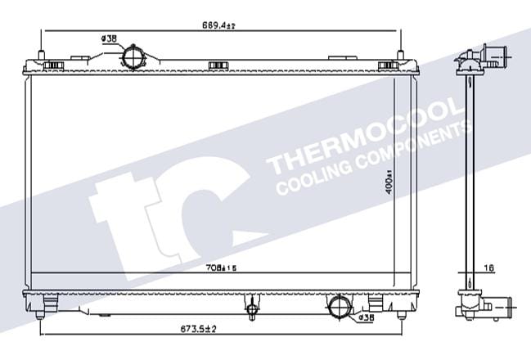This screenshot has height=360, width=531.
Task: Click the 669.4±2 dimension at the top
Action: tap(218, 25)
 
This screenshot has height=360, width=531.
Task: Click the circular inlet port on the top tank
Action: tap(133, 57)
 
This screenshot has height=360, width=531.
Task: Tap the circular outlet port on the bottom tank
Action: tap(340, 306)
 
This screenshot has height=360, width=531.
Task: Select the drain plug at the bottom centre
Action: tap(252, 310)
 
